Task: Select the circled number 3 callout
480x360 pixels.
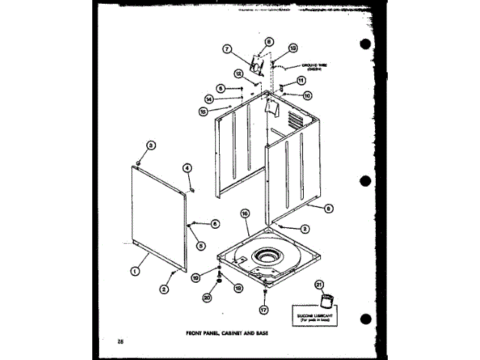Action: [150, 145]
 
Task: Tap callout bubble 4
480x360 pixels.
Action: [187, 168]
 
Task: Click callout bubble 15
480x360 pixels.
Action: [203, 112]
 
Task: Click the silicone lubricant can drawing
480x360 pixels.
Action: [325, 301]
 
